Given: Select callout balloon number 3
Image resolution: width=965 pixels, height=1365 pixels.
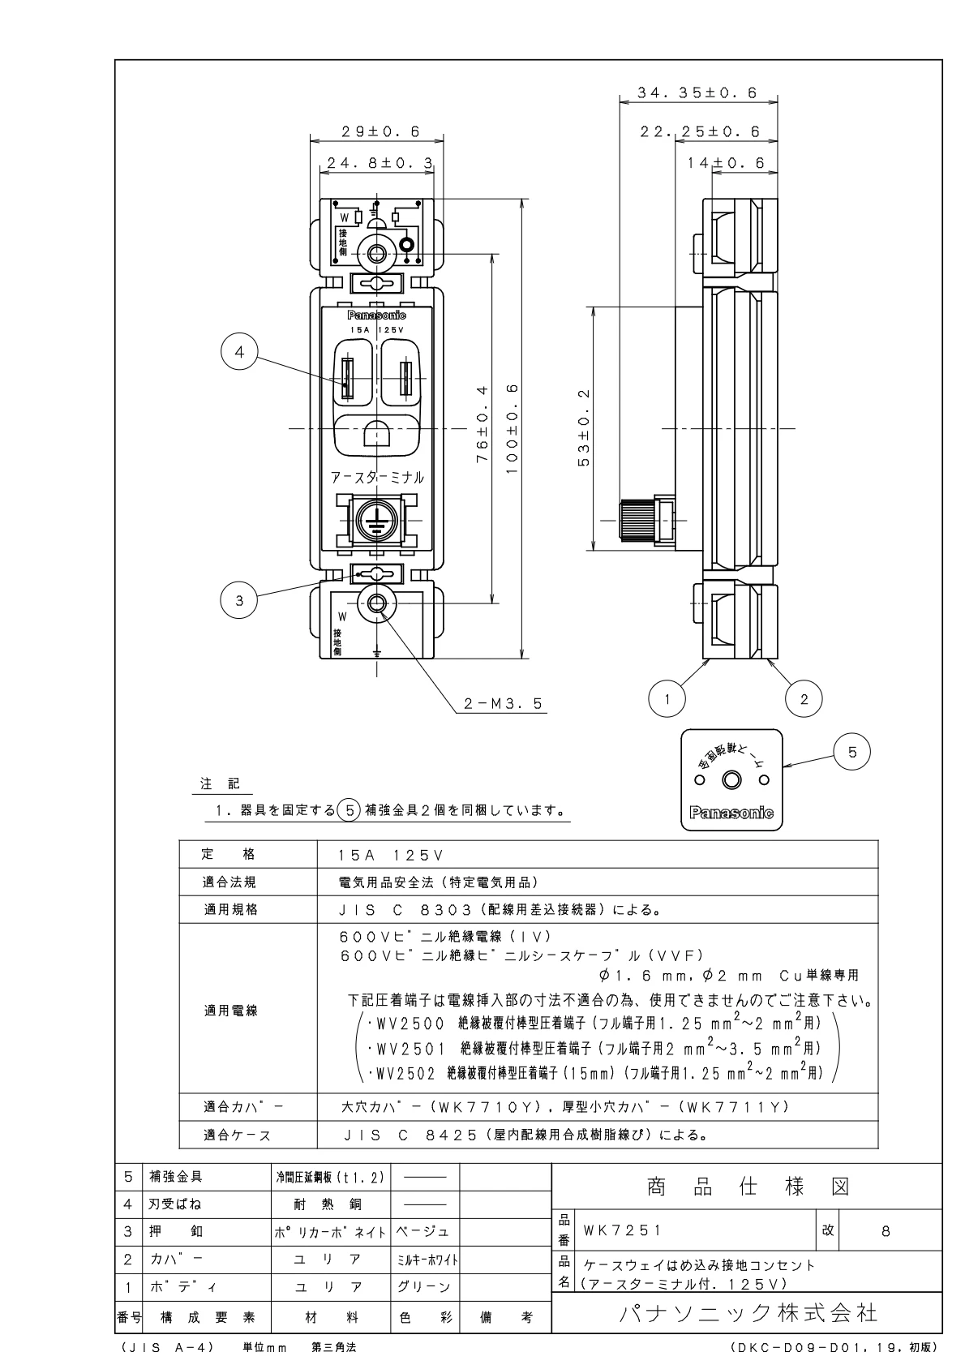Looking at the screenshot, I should pyautogui.click(x=239, y=600).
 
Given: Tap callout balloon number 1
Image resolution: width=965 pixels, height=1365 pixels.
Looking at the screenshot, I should pyautogui.click(x=667, y=698).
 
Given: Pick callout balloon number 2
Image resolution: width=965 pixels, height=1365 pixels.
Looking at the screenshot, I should pyautogui.click(x=804, y=698).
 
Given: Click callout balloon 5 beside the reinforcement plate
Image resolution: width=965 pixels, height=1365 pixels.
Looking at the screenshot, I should pyautogui.click(x=851, y=752).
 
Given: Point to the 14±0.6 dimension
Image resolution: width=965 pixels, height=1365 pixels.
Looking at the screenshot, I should pyautogui.click(x=725, y=164).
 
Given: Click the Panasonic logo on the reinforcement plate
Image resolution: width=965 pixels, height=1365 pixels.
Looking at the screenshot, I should pyautogui.click(x=731, y=813).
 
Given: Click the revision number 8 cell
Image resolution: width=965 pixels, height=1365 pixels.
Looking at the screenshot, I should pyautogui.click(x=886, y=1230).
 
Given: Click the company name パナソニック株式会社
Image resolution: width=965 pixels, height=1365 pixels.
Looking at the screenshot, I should pyautogui.click(x=748, y=1313).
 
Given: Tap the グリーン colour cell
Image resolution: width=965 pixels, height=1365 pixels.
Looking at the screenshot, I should pyautogui.click(x=423, y=1287).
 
